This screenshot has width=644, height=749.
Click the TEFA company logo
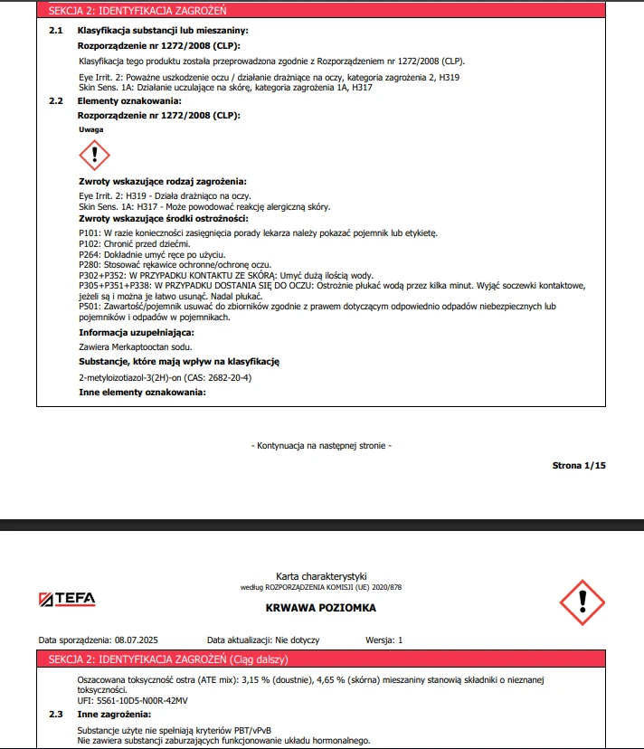tap(68, 599)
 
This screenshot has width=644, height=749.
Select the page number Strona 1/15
tap(579, 465)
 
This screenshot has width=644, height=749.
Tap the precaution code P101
tap(90, 233)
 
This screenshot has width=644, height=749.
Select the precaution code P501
tap(90, 307)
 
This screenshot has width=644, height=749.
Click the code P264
tap(90, 254)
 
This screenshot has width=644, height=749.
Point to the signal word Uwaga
tap(91, 129)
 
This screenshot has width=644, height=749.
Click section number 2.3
tap(56, 715)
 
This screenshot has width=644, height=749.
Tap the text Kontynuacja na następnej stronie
tap(321, 445)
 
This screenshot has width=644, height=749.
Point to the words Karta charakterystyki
tap(321, 576)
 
